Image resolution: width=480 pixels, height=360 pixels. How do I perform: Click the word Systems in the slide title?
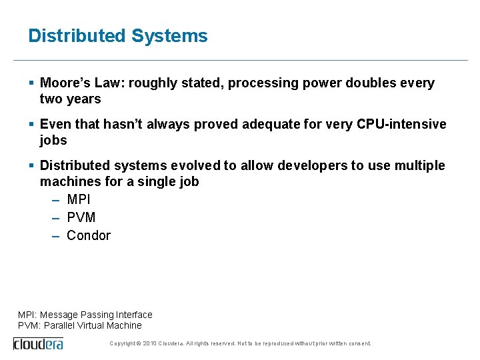[x=169, y=36]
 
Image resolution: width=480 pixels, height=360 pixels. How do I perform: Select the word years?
[x=84, y=99]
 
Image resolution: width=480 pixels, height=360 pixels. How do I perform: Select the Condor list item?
[x=89, y=235]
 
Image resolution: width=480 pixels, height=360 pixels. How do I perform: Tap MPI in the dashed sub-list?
[x=79, y=199]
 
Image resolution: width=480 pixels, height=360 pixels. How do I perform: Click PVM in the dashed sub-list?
[x=81, y=217]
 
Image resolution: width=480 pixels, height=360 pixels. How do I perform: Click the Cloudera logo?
[x=38, y=343]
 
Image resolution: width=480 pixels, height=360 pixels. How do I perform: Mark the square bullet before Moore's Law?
[x=31, y=83]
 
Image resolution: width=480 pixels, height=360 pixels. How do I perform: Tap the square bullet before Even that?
[x=31, y=125]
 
